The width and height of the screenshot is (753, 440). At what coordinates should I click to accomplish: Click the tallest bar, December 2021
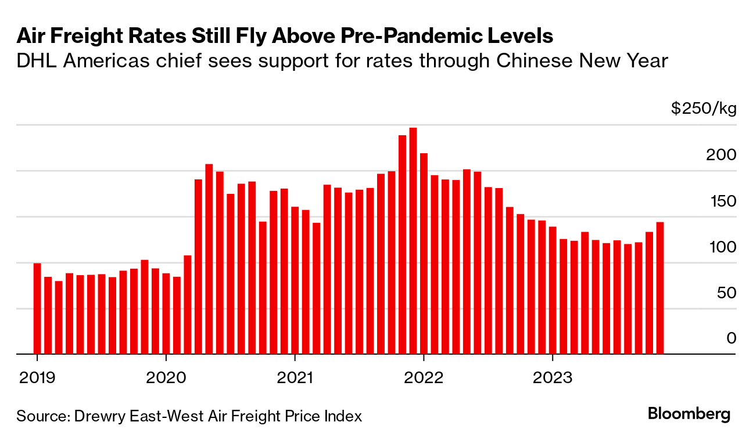coord(413,240)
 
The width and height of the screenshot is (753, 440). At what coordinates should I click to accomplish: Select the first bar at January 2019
coord(37,308)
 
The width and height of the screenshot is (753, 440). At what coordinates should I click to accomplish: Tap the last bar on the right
coord(660,288)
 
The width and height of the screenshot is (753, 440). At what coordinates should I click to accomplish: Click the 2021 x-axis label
coord(295,378)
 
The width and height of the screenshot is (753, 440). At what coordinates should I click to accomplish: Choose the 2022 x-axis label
coord(424,378)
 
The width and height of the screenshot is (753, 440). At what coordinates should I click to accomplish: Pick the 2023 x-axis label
coord(553,378)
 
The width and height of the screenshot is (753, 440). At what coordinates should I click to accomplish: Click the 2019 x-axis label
coord(37,378)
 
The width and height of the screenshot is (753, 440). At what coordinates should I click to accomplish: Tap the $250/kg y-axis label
coord(704,109)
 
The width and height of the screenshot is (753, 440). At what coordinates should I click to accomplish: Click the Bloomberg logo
coord(689,414)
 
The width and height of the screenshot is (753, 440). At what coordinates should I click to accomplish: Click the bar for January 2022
coord(424,253)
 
